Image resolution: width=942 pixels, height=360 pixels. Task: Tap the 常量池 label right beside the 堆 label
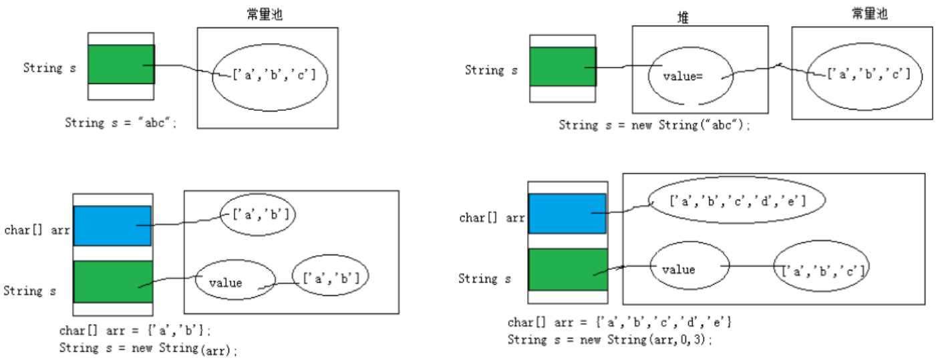click(x=869, y=14)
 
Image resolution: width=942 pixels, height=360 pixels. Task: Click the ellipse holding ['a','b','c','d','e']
click(x=737, y=200)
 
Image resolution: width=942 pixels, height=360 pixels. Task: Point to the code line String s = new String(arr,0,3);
click(x=610, y=339)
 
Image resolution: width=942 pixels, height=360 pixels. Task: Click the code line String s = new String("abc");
click(x=655, y=125)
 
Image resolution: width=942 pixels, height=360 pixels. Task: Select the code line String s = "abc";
click(x=121, y=123)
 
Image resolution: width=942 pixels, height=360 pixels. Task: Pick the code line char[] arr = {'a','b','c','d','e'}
click(x=620, y=323)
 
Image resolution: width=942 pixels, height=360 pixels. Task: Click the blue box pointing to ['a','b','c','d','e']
click(x=567, y=213)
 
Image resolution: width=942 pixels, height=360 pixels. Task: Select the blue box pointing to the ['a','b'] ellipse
click(x=112, y=226)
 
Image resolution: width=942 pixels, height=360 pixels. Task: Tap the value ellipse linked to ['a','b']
click(x=234, y=282)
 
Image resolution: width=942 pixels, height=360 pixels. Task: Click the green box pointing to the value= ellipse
click(x=563, y=67)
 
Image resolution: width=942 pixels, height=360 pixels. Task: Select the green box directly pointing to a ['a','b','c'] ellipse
click(x=121, y=64)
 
